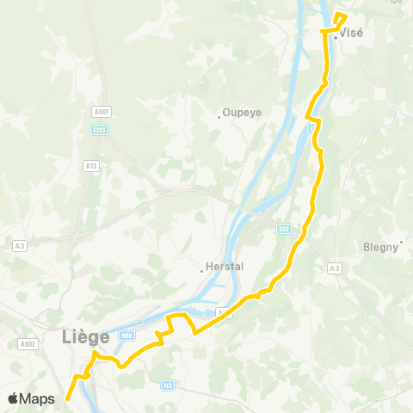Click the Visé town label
[x=353, y=34]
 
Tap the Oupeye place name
[x=243, y=112]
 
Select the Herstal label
[x=225, y=267]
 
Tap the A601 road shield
[x=103, y=111]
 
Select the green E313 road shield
[x=100, y=130]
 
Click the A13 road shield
[x=91, y=166]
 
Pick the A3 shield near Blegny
[x=334, y=268]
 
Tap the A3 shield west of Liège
[x=19, y=245]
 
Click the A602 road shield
[x=29, y=344]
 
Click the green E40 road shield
[x=283, y=229]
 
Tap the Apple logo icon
[x=14, y=398]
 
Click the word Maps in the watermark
[x=38, y=398]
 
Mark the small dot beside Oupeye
[x=219, y=117]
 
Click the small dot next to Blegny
[x=401, y=250]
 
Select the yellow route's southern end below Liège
[x=67, y=398]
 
